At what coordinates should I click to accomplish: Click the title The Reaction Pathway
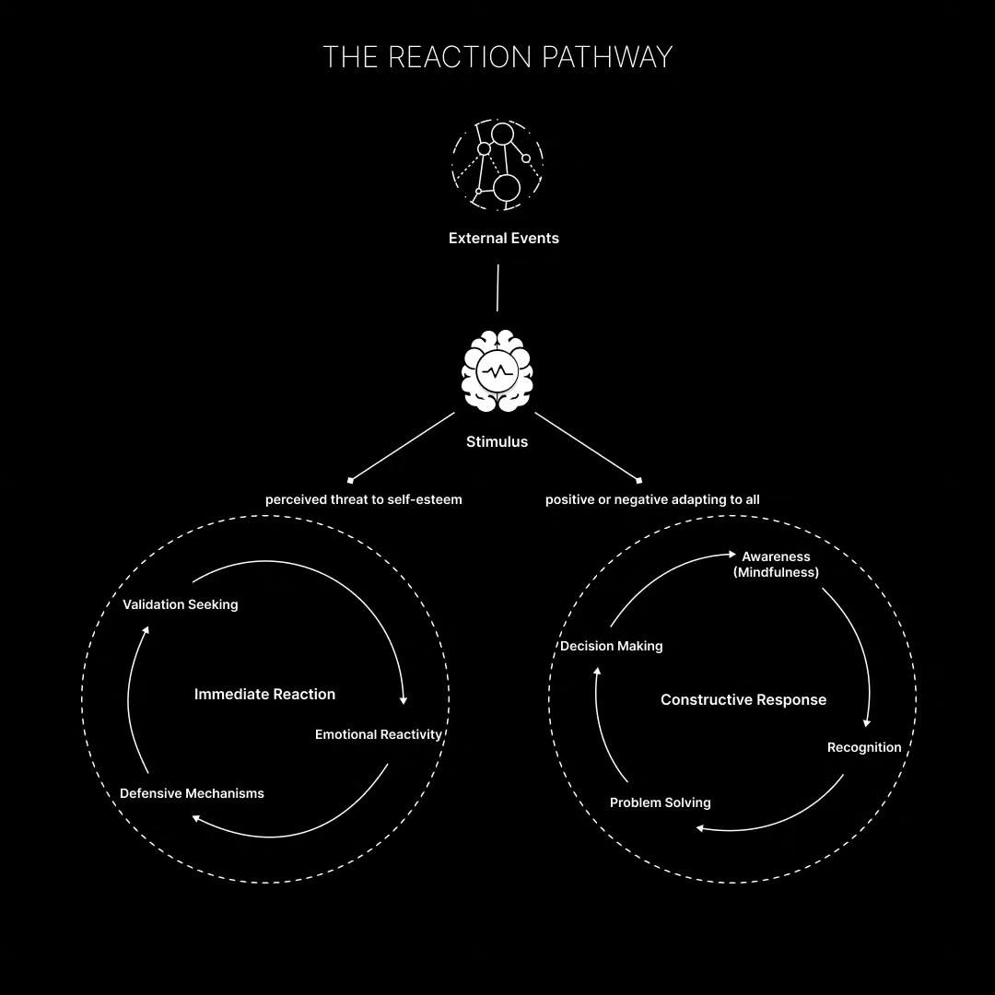pyautogui.click(x=497, y=57)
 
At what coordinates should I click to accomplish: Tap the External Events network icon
pyautogui.click(x=497, y=164)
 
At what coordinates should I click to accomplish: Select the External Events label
pyautogui.click(x=503, y=238)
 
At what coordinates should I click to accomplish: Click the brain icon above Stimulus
pyautogui.click(x=497, y=371)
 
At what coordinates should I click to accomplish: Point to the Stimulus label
pyautogui.click(x=497, y=441)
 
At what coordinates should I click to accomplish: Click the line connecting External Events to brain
pyautogui.click(x=497, y=288)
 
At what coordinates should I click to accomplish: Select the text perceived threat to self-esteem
pyautogui.click(x=363, y=499)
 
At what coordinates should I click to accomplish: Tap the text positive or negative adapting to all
pyautogui.click(x=652, y=499)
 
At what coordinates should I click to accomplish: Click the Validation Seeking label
pyautogui.click(x=180, y=604)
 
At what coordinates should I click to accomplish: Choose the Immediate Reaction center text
pyautogui.click(x=264, y=694)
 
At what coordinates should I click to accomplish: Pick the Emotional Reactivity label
pyautogui.click(x=378, y=734)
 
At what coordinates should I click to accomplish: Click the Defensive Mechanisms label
pyautogui.click(x=192, y=793)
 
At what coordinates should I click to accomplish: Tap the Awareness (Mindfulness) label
pyautogui.click(x=776, y=564)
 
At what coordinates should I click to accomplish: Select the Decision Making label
pyautogui.click(x=611, y=646)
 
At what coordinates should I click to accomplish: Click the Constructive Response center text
pyautogui.click(x=743, y=699)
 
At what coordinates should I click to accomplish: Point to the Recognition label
pyautogui.click(x=863, y=747)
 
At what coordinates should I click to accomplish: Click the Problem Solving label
pyautogui.click(x=660, y=802)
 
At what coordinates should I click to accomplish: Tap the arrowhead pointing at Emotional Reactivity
pyautogui.click(x=404, y=701)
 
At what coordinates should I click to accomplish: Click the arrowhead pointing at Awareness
pyautogui.click(x=732, y=555)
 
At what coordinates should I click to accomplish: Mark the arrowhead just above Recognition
pyautogui.click(x=866, y=723)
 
